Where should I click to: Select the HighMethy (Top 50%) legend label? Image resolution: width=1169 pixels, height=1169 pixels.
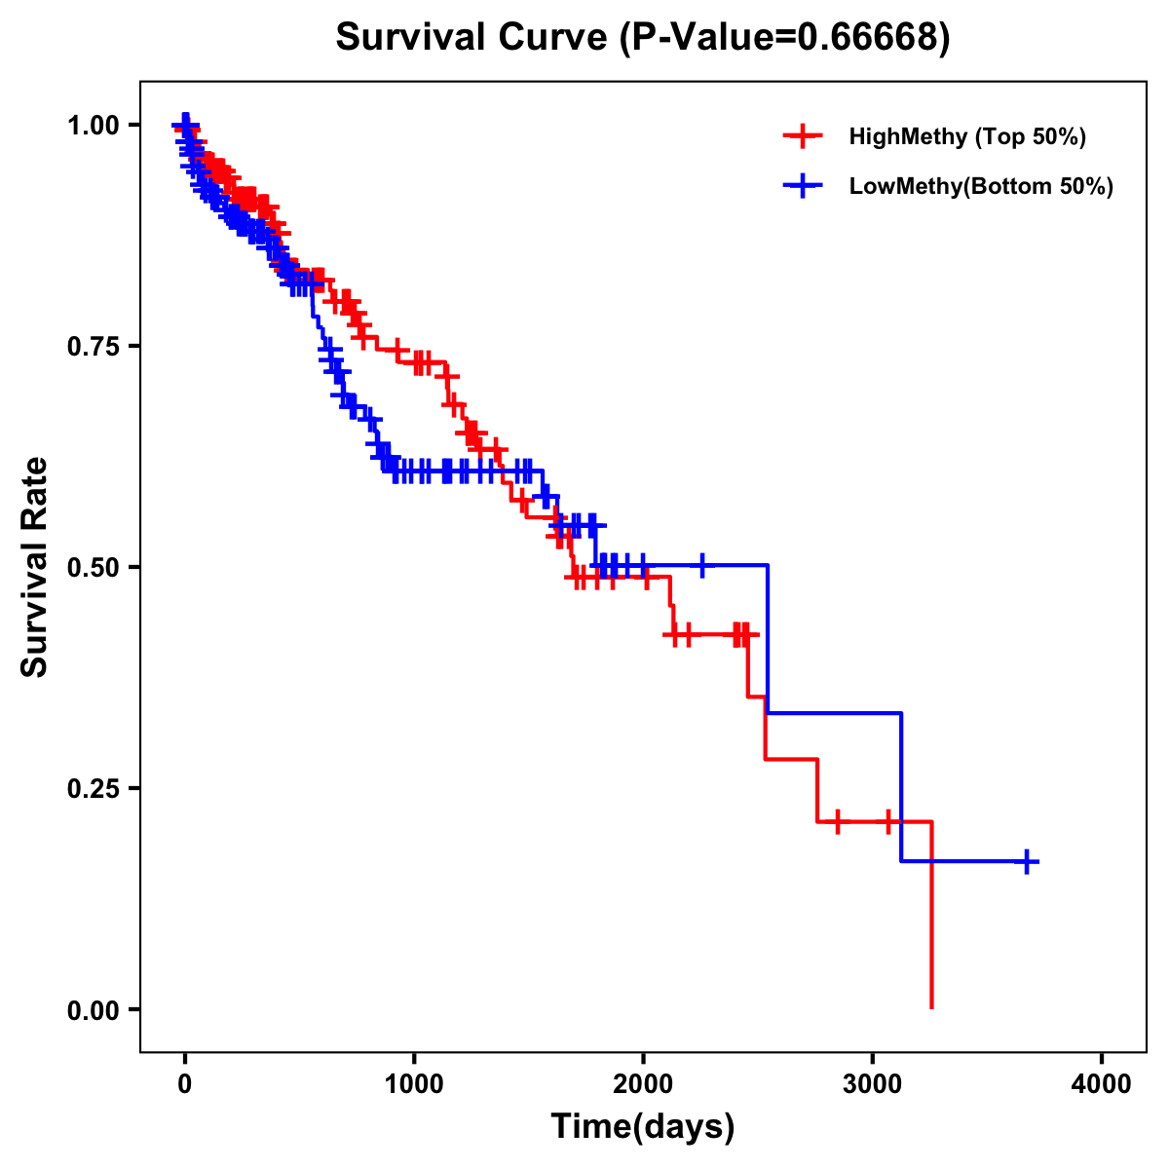pyautogui.click(x=966, y=136)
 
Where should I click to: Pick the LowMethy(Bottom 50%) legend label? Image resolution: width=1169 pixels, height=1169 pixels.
pyautogui.click(x=981, y=186)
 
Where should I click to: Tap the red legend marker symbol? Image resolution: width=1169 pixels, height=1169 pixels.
pyautogui.click(x=803, y=136)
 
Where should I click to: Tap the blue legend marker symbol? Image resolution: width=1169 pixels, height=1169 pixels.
pyautogui.click(x=803, y=186)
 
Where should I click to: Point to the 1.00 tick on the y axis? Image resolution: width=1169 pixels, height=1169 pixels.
pyautogui.click(x=94, y=125)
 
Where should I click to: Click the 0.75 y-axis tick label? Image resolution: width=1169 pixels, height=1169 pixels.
pyautogui.click(x=94, y=346)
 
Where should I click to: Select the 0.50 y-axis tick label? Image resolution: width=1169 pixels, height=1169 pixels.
pyautogui.click(x=94, y=567)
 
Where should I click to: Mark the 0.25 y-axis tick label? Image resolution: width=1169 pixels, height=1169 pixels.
pyautogui.click(x=94, y=788)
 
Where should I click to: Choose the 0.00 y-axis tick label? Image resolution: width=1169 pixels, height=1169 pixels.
pyautogui.click(x=94, y=1009)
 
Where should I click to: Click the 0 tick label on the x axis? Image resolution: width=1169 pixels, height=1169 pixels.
pyautogui.click(x=185, y=1083)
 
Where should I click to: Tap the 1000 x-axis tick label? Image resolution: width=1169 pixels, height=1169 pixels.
pyautogui.click(x=414, y=1083)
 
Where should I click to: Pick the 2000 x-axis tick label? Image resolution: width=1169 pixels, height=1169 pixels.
pyautogui.click(x=643, y=1083)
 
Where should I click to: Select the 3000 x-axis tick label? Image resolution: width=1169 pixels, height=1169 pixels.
pyautogui.click(x=872, y=1083)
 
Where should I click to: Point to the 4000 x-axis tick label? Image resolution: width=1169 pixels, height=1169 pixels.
pyautogui.click(x=1102, y=1083)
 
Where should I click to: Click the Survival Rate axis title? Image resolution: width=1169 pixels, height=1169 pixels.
pyautogui.click(x=35, y=567)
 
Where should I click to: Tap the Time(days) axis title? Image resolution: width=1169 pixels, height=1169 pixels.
pyautogui.click(x=643, y=1127)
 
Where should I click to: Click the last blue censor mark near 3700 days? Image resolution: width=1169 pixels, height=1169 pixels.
pyautogui.click(x=1027, y=861)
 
